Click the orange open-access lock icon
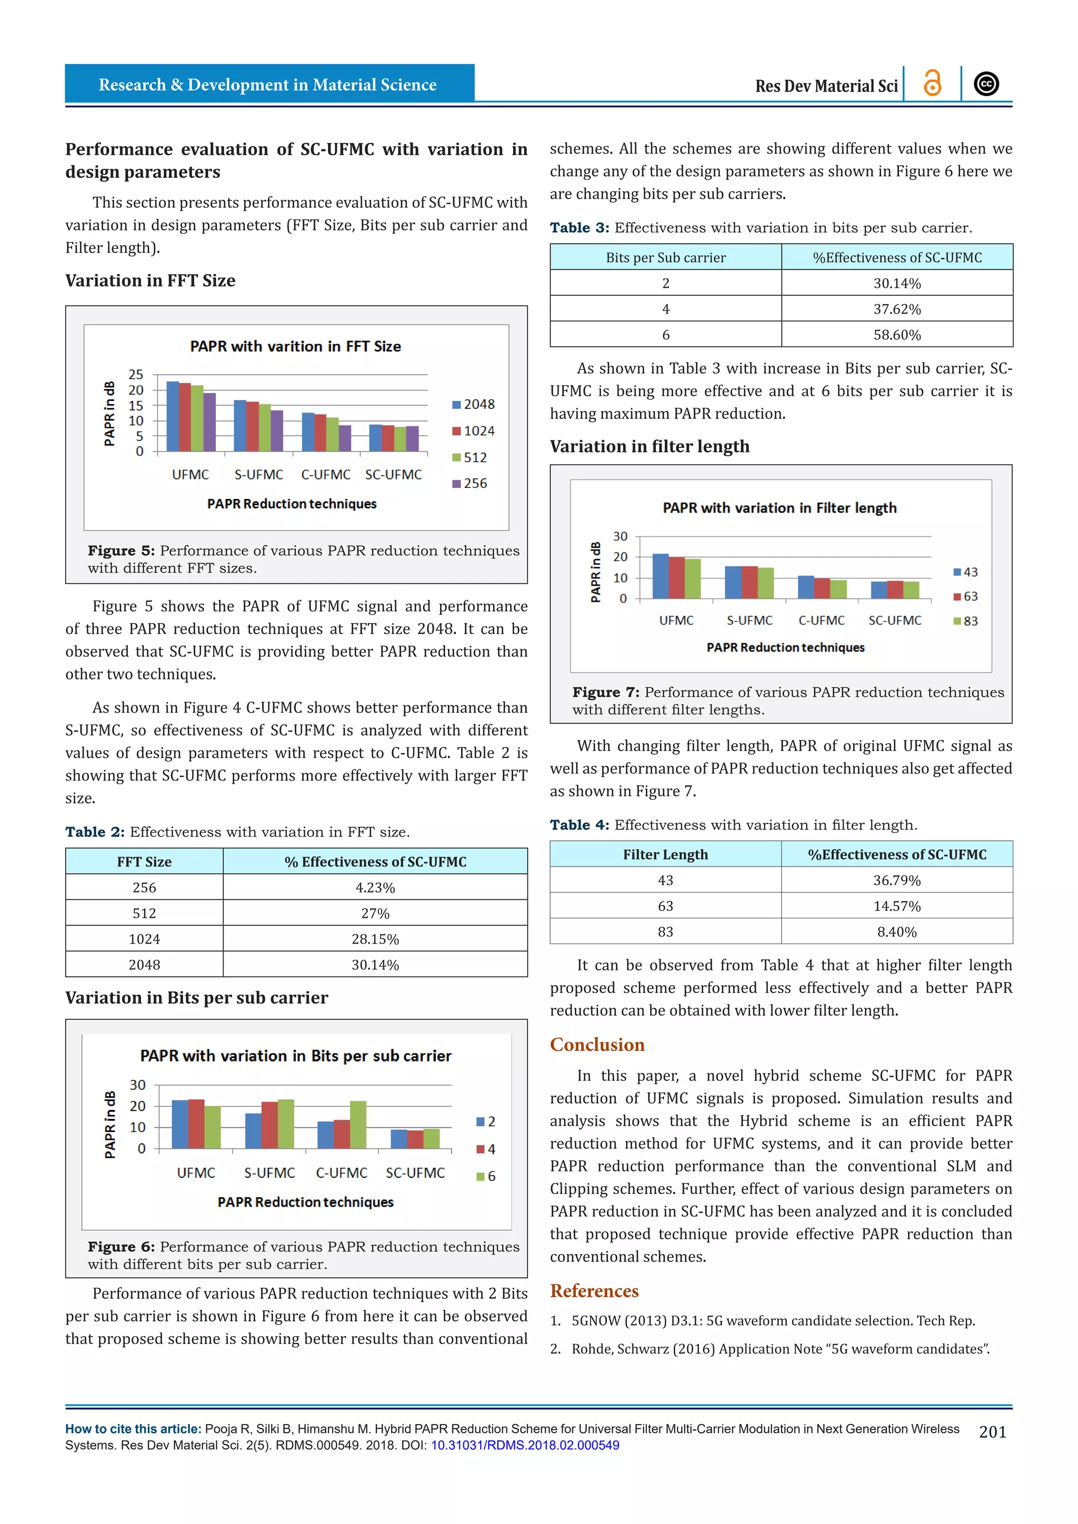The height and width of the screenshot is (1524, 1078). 932,84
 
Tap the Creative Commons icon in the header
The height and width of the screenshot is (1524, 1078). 986,84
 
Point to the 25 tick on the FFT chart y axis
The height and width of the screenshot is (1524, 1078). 136,374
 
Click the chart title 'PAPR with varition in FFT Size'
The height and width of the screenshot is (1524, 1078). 295,346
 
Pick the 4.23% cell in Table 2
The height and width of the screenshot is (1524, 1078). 375,887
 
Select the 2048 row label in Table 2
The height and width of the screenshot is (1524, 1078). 144,965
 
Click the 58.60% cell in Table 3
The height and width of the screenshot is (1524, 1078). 897,335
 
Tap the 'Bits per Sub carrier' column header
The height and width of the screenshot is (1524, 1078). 665,257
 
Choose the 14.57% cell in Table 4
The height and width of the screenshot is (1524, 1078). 897,906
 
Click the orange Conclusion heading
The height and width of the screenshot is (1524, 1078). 597,1045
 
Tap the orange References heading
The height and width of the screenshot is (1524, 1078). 594,1290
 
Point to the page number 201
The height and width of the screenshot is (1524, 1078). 992,1432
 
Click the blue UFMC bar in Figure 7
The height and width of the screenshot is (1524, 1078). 661,576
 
